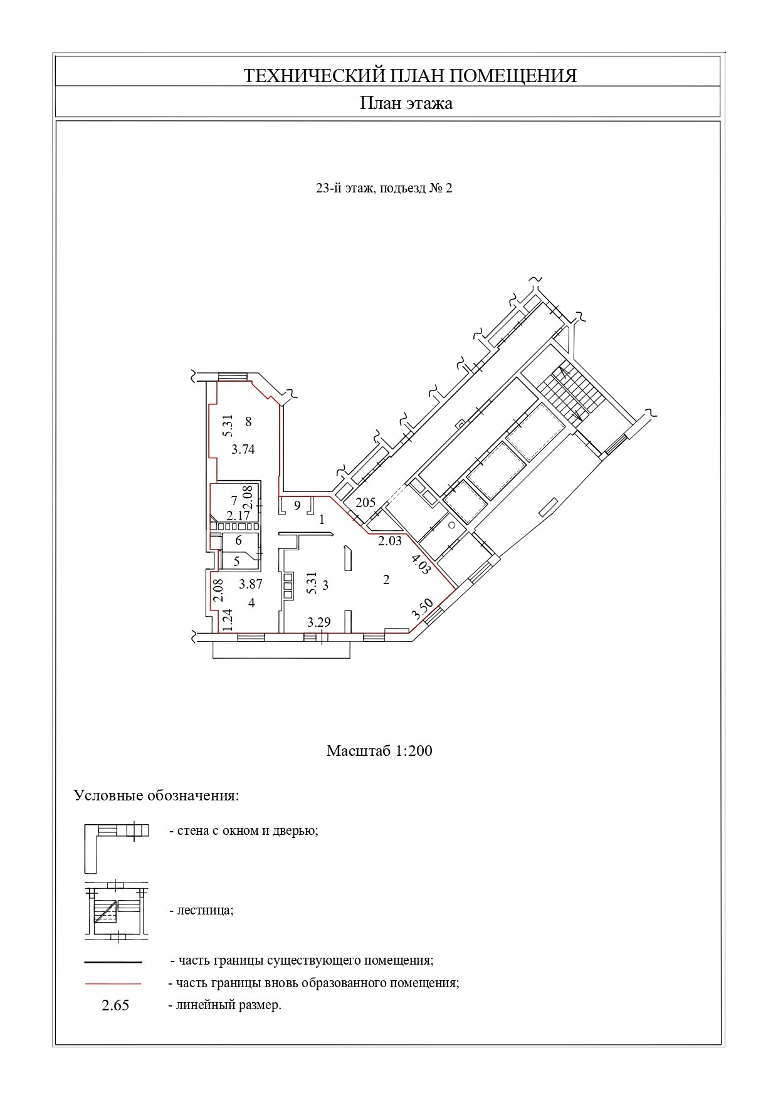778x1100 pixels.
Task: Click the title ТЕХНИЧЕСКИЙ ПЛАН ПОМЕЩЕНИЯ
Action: pyautogui.click(x=409, y=76)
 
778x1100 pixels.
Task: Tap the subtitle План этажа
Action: pyautogui.click(x=406, y=103)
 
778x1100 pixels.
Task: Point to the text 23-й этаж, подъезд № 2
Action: pyautogui.click(x=384, y=188)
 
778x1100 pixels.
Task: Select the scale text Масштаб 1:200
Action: pyautogui.click(x=379, y=750)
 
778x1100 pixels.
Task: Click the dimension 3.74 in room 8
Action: pyautogui.click(x=243, y=449)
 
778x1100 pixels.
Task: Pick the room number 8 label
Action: pyautogui.click(x=248, y=422)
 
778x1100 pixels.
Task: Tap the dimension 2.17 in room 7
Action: pyautogui.click(x=238, y=515)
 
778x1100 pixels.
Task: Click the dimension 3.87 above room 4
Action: pyautogui.click(x=250, y=584)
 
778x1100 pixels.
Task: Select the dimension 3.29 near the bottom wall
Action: pyautogui.click(x=318, y=622)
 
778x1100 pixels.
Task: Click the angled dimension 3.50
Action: pyautogui.click(x=422, y=609)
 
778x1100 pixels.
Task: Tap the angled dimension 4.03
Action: pyautogui.click(x=421, y=565)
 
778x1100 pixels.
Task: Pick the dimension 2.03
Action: pyautogui.click(x=389, y=541)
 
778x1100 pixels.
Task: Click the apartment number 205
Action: pyautogui.click(x=365, y=502)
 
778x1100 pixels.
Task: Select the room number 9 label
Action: pyautogui.click(x=297, y=505)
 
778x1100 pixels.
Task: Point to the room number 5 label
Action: pyautogui.click(x=236, y=562)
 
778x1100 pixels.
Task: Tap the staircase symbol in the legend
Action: pyautogui.click(x=117, y=911)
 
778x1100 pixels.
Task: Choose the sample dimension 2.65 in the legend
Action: pyautogui.click(x=115, y=1006)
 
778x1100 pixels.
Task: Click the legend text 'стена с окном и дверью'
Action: pyautogui.click(x=244, y=831)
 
